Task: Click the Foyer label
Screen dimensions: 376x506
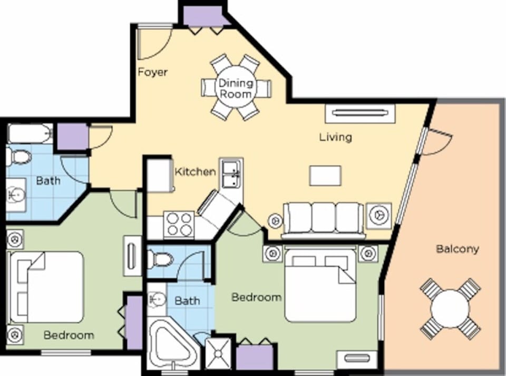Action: (152, 72)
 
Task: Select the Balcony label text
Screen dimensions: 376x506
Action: (457, 249)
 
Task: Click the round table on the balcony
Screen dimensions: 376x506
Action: (450, 308)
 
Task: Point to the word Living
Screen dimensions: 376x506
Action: (335, 137)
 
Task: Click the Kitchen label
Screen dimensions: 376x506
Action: (195, 172)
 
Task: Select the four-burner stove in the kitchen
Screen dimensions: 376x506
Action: (179, 224)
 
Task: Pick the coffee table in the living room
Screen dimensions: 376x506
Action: (325, 175)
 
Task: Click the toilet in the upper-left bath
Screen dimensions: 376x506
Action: (20, 156)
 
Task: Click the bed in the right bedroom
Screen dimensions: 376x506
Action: (320, 285)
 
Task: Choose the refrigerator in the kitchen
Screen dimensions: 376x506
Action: (160, 175)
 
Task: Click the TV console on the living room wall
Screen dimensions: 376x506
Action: (360, 113)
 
